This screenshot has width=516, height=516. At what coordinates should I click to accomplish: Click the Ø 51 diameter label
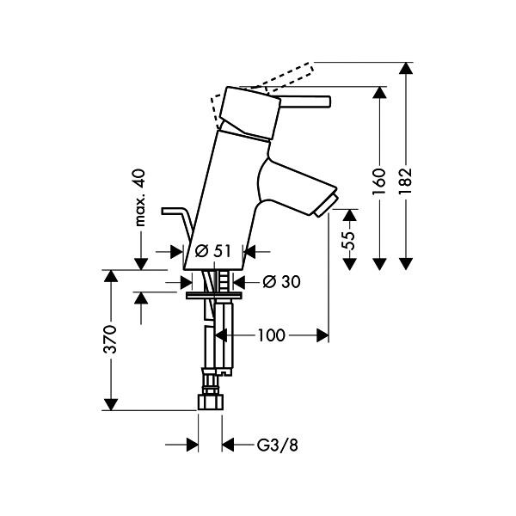click(214, 251)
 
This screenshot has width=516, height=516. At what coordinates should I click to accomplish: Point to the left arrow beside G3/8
click(193, 445)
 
